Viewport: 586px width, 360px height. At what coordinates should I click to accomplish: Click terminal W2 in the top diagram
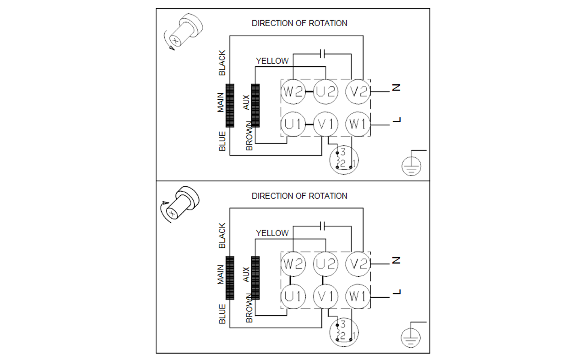tap(293, 91)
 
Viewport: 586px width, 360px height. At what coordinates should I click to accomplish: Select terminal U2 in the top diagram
tap(326, 91)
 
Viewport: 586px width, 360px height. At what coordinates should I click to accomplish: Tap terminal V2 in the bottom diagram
tap(358, 264)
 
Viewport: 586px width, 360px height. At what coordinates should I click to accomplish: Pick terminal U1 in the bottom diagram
tap(293, 296)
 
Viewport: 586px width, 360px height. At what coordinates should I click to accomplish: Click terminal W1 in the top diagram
tap(358, 124)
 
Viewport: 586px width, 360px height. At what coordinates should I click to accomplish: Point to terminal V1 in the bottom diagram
tap(326, 296)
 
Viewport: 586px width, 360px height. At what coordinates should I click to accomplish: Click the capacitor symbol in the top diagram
tap(323, 54)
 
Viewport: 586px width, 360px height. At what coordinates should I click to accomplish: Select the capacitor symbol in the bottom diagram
tap(323, 226)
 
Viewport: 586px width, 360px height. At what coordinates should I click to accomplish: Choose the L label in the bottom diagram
tap(396, 292)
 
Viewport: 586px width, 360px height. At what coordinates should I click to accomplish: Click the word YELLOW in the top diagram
tap(272, 61)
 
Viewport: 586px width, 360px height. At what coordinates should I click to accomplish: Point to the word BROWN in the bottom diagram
tap(250, 308)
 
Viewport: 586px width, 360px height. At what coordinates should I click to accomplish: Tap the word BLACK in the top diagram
tap(222, 63)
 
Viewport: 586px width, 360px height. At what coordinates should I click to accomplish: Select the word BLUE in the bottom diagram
tap(222, 314)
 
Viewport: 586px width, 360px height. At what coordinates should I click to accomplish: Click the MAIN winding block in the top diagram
tap(230, 105)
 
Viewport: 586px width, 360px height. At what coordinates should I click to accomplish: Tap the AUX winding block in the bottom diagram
tap(255, 278)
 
